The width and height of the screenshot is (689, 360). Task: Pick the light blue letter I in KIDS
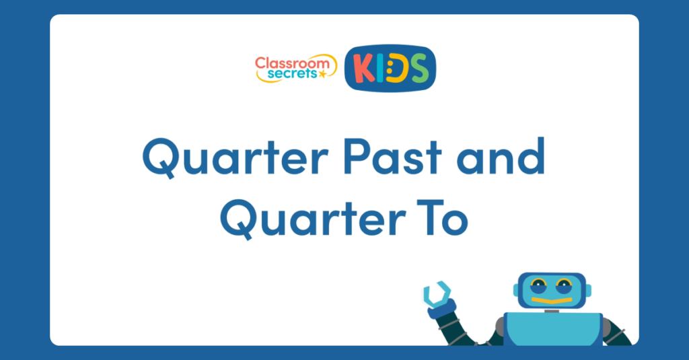pos(379,69)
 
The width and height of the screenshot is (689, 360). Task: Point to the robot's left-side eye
pos(539,288)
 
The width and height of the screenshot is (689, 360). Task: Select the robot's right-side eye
pos(564,288)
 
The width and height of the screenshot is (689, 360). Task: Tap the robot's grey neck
pos(551,311)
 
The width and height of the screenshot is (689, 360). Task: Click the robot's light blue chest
pos(552,330)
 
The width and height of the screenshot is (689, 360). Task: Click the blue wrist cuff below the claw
pos(441,310)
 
